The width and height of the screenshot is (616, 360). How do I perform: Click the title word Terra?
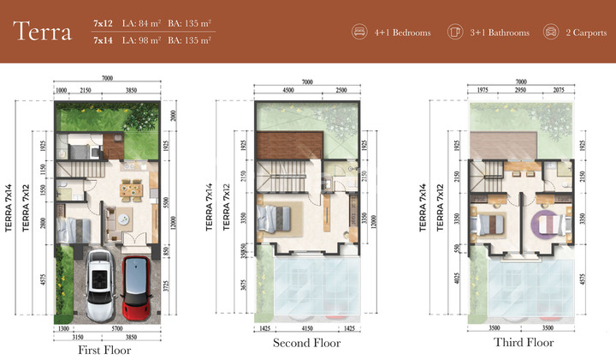coord(44,32)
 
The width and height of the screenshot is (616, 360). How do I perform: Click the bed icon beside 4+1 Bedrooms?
coord(359,33)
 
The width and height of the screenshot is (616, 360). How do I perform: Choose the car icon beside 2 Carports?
coord(552,33)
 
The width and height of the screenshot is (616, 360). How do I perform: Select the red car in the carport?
coord(136,281)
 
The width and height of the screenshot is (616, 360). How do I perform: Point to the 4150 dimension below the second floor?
coord(309,328)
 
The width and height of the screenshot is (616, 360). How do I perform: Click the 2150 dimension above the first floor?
coord(85,90)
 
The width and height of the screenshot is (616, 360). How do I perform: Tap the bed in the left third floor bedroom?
coord(493,225)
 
